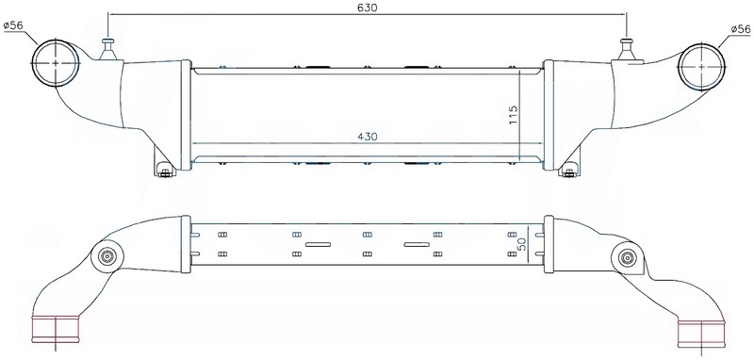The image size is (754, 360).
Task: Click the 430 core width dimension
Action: click(x=367, y=137)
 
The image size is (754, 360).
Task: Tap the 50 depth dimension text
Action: click(x=521, y=244)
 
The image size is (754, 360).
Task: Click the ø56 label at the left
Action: click(x=13, y=25)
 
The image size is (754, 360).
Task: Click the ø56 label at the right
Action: click(x=741, y=29)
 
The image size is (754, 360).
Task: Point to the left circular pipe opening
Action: click(x=56, y=63)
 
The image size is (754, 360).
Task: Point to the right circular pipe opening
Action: click(x=701, y=67)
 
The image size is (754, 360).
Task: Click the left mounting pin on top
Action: click(x=107, y=49)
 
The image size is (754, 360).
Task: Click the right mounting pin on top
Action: click(x=626, y=49)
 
